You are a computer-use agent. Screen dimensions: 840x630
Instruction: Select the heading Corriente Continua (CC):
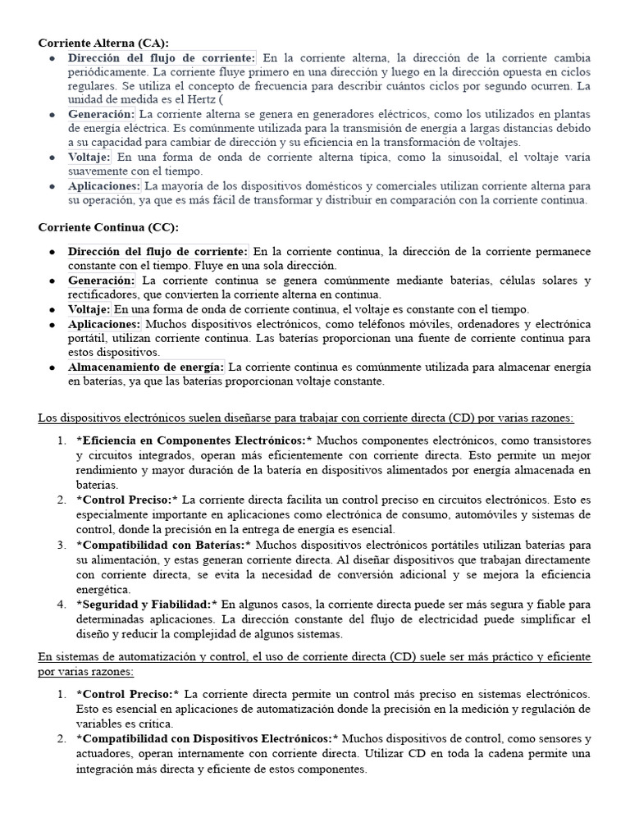[107, 226]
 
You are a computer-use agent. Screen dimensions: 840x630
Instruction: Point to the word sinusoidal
[472, 157]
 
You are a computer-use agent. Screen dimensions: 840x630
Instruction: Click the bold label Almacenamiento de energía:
[146, 367]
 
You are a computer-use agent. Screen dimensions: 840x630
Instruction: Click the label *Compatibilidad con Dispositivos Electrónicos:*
[203, 738]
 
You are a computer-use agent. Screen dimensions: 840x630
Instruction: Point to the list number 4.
[62, 604]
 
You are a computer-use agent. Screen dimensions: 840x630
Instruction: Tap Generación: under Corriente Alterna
[101, 114]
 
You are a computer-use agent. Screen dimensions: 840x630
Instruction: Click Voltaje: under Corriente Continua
[89, 309]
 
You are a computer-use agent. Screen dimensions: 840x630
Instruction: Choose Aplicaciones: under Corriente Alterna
[104, 187]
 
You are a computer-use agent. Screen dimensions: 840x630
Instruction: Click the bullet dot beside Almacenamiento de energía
[52, 367]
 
